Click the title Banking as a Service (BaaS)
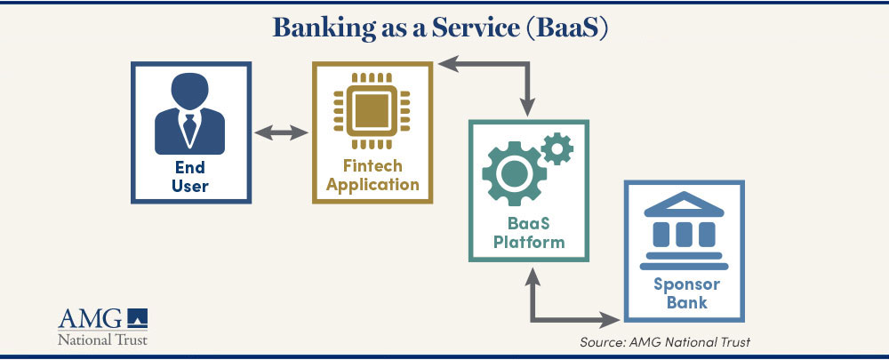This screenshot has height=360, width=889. coord(440,28)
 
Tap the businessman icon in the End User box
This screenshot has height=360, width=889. coord(190,114)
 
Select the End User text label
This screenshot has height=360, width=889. coord(190,176)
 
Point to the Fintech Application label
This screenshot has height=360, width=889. coord(372,176)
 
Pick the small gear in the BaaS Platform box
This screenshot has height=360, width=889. coord(557,148)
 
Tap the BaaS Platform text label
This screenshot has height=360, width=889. coord(529,233)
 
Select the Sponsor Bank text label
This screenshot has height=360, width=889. coord(686,293)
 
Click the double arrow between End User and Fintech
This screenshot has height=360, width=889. coord(281,133)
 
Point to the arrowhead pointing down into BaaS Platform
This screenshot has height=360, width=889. coord(528,108)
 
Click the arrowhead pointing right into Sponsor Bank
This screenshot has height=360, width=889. coord(611,320)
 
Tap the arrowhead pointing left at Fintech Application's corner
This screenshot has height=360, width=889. coord(448,63)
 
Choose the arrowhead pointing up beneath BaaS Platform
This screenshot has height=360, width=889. coord(533,276)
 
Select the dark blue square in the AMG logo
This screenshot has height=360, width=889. coord(137,317)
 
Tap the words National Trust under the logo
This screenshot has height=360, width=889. coord(102,340)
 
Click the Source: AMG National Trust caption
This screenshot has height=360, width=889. coord(665,342)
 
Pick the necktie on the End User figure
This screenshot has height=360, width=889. coord(189,128)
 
